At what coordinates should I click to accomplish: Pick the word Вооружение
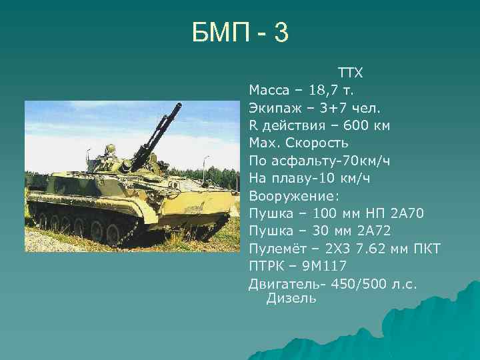pyautogui.click(x=293, y=196)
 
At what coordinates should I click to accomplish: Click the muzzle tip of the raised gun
pyautogui.click(x=181, y=104)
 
